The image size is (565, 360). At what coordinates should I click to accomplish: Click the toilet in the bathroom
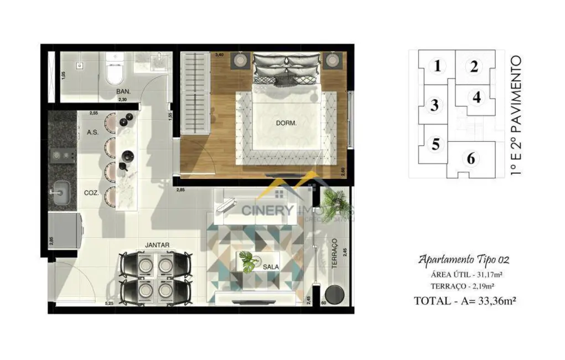[116, 71]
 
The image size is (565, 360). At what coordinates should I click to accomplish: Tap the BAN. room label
[123, 91]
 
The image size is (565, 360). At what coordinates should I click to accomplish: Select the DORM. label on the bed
[286, 124]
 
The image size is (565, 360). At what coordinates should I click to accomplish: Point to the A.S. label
[93, 132]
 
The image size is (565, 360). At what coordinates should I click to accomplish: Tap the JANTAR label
[157, 244]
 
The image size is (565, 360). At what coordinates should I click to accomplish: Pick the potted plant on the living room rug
[248, 261]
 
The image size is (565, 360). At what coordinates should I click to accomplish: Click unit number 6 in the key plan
[470, 159]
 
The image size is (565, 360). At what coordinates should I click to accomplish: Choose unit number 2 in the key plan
[474, 67]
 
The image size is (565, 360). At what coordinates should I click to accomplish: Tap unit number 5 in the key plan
[436, 145]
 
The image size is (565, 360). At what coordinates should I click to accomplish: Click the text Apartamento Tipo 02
[463, 259]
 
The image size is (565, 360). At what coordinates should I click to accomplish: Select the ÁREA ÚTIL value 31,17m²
[490, 274]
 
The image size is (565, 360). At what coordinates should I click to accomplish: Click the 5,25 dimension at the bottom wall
[108, 304]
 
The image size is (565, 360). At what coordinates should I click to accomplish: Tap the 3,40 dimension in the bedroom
[219, 55]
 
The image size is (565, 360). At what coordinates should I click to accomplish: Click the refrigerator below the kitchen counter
[64, 231]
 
